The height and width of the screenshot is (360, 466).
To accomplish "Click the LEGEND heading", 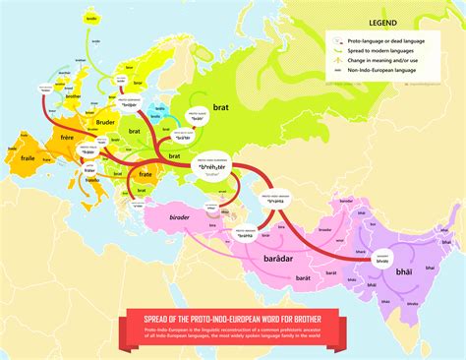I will pyautogui.click(x=383, y=21).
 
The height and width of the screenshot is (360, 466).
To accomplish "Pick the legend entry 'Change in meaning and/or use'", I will pyautogui.click(x=383, y=60).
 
